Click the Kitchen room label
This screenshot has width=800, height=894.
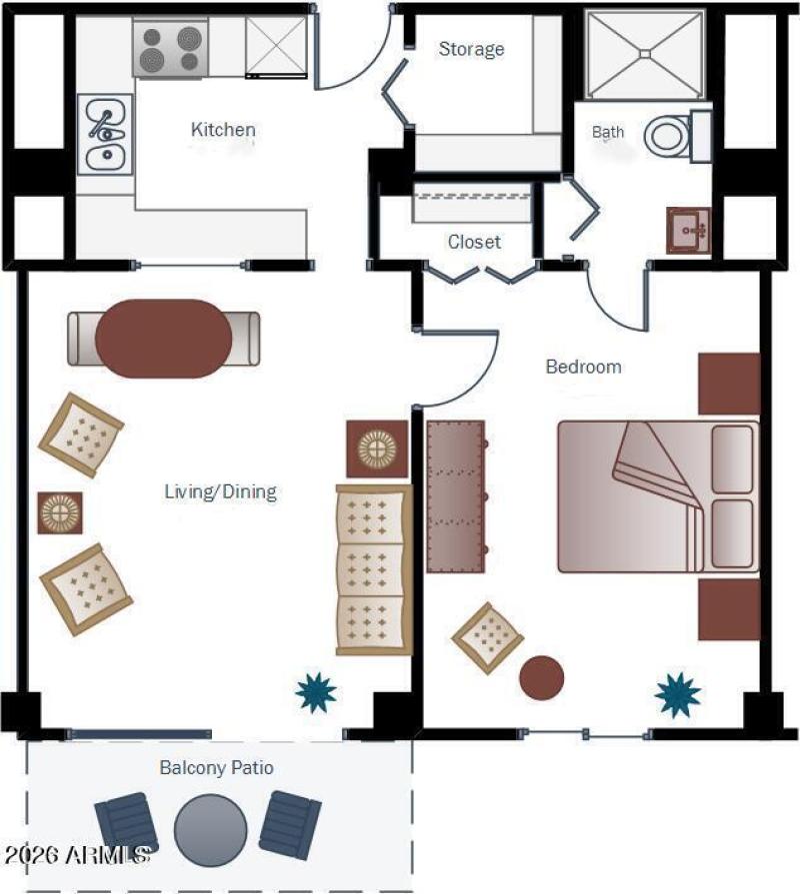223,130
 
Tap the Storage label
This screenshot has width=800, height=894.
471,49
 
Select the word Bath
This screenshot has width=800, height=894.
608,132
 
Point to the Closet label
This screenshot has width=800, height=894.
474,242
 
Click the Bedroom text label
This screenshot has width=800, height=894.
583,367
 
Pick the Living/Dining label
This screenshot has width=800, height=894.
220,491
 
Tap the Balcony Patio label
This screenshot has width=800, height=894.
217,768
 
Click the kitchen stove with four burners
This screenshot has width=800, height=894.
171,47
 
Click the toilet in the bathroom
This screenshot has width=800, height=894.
669,136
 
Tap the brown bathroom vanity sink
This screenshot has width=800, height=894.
689,231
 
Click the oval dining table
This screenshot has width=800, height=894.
164,339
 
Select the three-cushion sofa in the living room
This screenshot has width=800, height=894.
374,569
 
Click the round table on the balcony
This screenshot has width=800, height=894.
211,829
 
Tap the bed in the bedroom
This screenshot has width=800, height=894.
657,496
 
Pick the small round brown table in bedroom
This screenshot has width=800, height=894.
542,677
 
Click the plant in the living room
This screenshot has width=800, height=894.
317,691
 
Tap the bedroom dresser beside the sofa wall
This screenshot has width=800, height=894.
455,495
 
